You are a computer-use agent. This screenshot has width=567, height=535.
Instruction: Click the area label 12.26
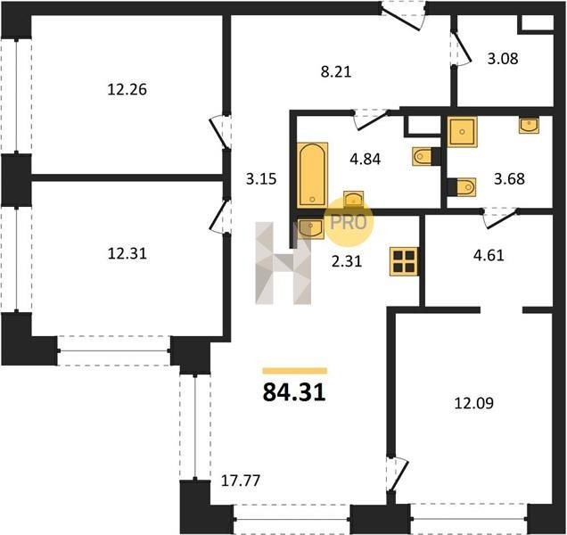(127, 90)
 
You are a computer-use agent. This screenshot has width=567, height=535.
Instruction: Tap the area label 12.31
(127, 253)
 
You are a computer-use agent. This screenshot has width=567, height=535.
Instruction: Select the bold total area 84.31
(294, 392)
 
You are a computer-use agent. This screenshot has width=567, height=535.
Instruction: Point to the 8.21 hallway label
(336, 71)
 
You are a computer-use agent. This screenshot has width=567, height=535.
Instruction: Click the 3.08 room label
(503, 58)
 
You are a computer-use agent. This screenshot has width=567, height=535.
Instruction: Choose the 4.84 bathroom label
(366, 159)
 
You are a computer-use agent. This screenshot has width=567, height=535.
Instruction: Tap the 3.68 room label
(509, 178)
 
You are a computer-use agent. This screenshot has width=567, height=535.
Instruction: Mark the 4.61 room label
(489, 255)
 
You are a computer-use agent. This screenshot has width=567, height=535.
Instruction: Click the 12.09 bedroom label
(473, 403)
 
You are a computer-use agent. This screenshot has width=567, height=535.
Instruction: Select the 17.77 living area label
(241, 481)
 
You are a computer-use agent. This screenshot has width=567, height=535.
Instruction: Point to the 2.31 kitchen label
(347, 260)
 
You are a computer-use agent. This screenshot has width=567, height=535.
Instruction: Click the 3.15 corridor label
(261, 178)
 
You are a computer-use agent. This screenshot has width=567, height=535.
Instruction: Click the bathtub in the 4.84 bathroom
(312, 175)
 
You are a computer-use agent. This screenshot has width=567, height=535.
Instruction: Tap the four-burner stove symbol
(404, 261)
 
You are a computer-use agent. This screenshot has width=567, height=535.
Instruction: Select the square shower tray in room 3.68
(462, 131)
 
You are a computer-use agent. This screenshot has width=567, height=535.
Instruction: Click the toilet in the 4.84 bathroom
(422, 156)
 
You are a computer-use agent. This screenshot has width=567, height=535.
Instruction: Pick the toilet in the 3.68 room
(466, 186)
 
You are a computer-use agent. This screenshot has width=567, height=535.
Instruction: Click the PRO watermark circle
(349, 222)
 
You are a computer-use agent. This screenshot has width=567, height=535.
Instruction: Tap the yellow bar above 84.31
(295, 370)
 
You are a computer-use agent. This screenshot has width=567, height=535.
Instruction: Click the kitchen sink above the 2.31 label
(310, 229)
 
